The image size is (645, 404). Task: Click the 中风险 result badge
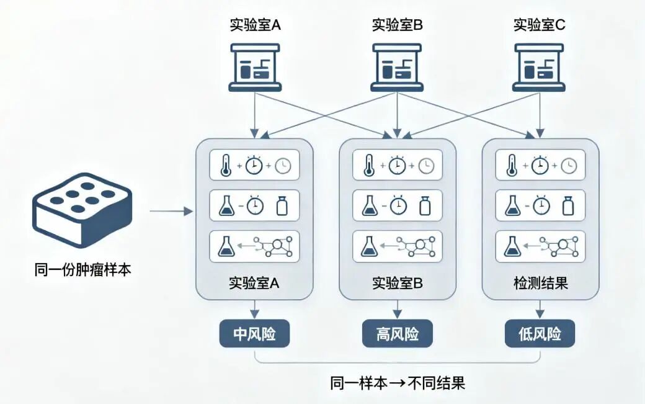pyautogui.click(x=254, y=334)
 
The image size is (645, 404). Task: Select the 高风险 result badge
pyautogui.click(x=398, y=334)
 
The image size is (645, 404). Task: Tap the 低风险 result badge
pyautogui.click(x=540, y=334)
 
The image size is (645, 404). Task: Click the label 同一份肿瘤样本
pyautogui.click(x=82, y=270)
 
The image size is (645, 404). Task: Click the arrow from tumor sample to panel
pyautogui.click(x=172, y=212)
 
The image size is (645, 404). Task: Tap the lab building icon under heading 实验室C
pyautogui.click(x=539, y=67)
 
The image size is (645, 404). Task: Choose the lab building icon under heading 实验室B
pyautogui.click(x=398, y=67)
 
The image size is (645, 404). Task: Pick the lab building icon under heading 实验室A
pyautogui.click(x=255, y=67)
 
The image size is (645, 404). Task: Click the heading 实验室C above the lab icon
pyautogui.click(x=539, y=25)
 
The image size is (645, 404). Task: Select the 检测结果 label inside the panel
pyautogui.click(x=540, y=284)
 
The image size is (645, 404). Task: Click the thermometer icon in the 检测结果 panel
pyautogui.click(x=512, y=166)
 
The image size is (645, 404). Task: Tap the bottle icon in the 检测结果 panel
pyautogui.click(x=567, y=205)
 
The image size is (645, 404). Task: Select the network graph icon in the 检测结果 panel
pyautogui.click(x=562, y=246)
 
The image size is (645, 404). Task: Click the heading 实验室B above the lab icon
pyautogui.click(x=398, y=25)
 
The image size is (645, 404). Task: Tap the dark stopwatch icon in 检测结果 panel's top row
pyautogui.click(x=540, y=165)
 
